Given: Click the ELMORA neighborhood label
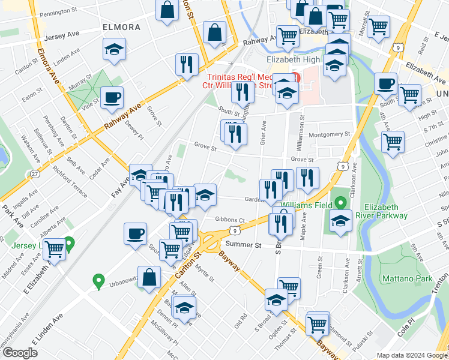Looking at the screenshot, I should coord(121,27).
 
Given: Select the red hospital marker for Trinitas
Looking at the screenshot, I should coord(295,77).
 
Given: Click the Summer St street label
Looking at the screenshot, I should coord(244,245).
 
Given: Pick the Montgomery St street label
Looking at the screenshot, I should coord(329,134).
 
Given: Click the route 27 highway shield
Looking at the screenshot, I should coord(35,174).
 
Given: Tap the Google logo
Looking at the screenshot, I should coord(20,353).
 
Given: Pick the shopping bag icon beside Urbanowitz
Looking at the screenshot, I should coord(151,277).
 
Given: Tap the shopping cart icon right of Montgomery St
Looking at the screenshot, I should coord(393,142).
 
